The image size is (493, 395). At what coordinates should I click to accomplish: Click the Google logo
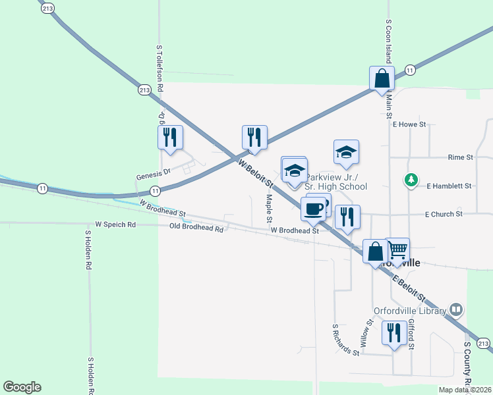22,387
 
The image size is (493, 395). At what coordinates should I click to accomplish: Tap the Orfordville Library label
412,309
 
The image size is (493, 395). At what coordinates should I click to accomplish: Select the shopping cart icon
397,250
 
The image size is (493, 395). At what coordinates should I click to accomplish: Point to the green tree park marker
411,179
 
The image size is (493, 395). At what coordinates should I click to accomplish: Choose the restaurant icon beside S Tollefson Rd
171,137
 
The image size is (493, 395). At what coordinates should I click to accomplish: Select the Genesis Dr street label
153,177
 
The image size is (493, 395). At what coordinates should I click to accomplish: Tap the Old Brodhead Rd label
196,227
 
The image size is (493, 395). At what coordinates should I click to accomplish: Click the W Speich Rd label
115,224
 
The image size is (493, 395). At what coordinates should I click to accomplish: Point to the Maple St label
269,207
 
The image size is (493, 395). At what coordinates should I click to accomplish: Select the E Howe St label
410,124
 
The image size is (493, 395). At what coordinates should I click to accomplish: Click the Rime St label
460,158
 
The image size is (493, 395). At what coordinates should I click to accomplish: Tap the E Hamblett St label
449,186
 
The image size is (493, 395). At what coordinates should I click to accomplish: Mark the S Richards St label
345,339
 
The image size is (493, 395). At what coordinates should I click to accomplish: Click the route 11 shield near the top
410,70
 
